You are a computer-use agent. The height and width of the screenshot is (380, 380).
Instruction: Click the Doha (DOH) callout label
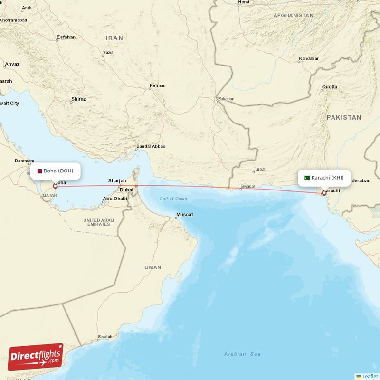click(55, 171)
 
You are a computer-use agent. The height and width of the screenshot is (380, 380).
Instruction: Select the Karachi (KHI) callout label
click(324, 178)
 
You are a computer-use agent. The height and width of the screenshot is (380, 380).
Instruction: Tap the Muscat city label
click(184, 215)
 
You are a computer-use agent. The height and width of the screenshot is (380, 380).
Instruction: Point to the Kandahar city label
click(308, 59)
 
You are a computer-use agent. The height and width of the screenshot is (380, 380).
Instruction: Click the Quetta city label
click(330, 87)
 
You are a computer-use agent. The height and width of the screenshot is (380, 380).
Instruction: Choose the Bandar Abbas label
click(151, 146)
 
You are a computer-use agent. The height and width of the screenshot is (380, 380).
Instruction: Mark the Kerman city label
click(158, 86)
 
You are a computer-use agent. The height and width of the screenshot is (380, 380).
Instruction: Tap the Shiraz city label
click(78, 99)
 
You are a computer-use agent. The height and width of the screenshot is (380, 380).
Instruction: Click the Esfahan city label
click(66, 37)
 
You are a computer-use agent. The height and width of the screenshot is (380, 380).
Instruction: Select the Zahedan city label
click(226, 99)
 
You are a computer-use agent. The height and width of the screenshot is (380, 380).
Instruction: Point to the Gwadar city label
click(248, 187)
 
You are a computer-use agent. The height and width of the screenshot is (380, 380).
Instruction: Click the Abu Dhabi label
click(115, 199)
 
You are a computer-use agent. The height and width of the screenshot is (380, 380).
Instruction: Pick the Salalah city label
click(105, 337)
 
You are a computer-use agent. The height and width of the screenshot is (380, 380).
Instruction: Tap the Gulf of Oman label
click(173, 199)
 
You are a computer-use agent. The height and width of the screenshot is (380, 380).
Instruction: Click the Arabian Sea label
click(242, 354)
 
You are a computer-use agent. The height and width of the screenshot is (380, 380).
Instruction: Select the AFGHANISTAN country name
click(293, 16)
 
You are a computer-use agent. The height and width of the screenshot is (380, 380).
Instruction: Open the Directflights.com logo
click(36, 357)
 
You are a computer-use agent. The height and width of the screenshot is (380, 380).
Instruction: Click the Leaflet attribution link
click(370, 376)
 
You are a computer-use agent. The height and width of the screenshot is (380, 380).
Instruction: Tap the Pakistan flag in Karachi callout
click(307, 178)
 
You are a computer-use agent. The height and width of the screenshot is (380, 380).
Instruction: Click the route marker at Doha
click(55, 186)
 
